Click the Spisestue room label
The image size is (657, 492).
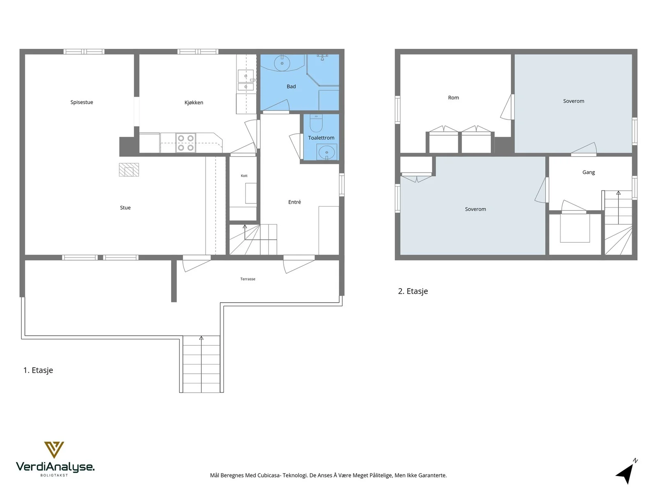pyautogui.click(x=82, y=102)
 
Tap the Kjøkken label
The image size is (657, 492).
pyautogui.click(x=194, y=102)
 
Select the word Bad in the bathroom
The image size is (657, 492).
pyautogui.click(x=291, y=87)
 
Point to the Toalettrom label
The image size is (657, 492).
pyautogui.click(x=321, y=138)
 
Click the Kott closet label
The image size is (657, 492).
pyautogui.click(x=244, y=175)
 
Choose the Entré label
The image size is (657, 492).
pyautogui.click(x=294, y=202)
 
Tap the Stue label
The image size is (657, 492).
pyautogui.click(x=125, y=207)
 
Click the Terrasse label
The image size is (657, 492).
pyautogui.click(x=248, y=279)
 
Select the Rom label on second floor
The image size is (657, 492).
pyautogui.click(x=453, y=98)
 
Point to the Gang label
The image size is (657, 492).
pyautogui.click(x=588, y=172)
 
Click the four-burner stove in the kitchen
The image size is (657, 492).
pyautogui.click(x=186, y=143)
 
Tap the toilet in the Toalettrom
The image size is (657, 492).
pyautogui.click(x=316, y=123)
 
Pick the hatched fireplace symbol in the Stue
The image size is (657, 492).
pyautogui.click(x=129, y=170)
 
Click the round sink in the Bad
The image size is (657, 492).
pyautogui.click(x=282, y=63)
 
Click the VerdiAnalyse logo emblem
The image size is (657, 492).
pyautogui.click(x=54, y=450)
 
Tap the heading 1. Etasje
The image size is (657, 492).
pyautogui.click(x=38, y=370)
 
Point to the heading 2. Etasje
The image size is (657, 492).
pyautogui.click(x=413, y=291)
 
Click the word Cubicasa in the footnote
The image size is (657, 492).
pyautogui.click(x=269, y=475)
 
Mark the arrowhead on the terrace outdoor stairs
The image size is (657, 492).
pyautogui.click(x=201, y=338)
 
